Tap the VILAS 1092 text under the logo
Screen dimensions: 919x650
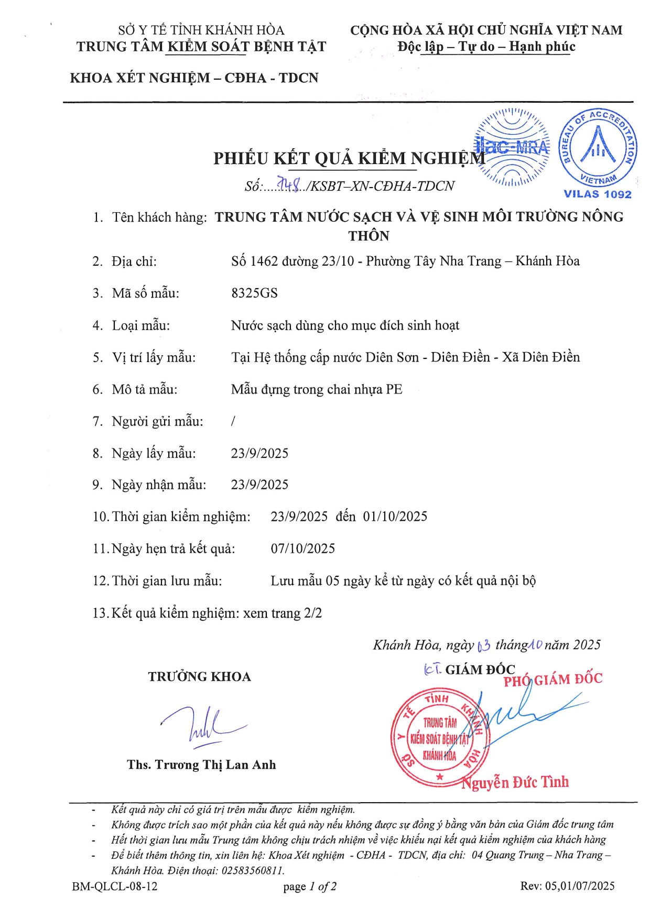(x=598, y=194)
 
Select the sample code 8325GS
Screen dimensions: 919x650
(x=254, y=293)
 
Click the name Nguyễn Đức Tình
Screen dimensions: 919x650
(x=515, y=782)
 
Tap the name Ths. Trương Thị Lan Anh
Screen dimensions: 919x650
(x=201, y=765)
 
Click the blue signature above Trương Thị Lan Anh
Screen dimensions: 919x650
(x=202, y=726)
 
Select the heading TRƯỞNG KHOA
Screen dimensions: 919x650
(x=199, y=677)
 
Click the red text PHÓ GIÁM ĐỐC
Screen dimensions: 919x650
(x=553, y=680)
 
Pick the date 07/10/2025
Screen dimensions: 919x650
(x=302, y=549)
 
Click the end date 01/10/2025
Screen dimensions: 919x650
(x=395, y=517)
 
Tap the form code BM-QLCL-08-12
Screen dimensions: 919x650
(x=115, y=886)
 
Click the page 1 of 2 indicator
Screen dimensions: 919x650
(x=310, y=886)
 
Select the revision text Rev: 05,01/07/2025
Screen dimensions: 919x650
(x=567, y=885)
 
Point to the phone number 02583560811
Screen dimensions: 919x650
(x=251, y=870)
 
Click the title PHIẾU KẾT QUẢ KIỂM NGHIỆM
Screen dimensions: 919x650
(x=349, y=158)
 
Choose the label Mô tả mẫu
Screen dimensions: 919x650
(x=144, y=389)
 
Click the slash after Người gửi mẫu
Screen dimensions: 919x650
(x=233, y=421)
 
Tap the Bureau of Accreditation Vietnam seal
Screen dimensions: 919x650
(x=598, y=148)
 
